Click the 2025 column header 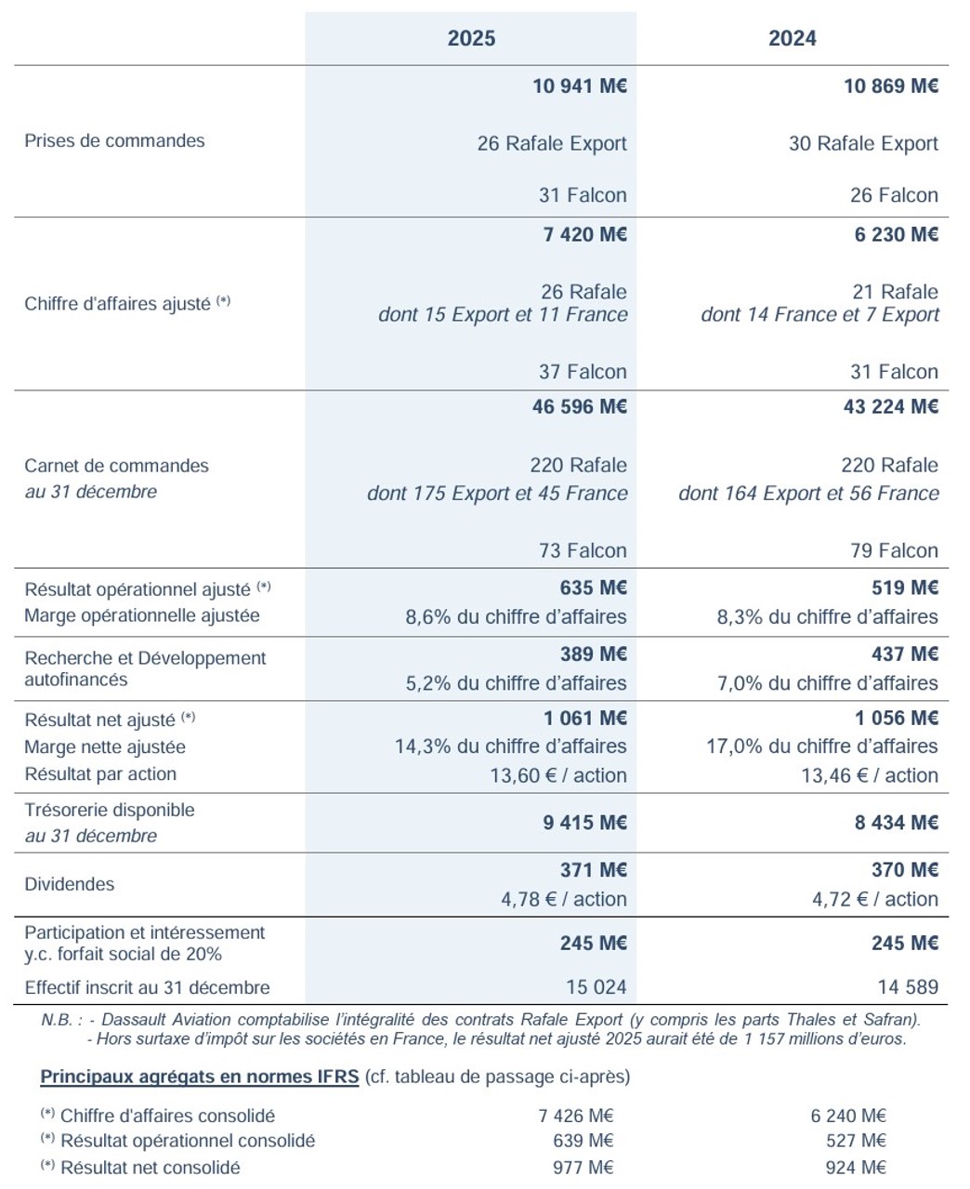coord(471,38)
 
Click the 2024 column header coord(792,38)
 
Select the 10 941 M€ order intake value coord(579,86)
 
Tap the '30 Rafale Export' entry coord(863,144)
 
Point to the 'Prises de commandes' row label coord(114,141)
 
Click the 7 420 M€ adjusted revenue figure coord(584,234)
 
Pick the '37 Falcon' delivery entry coord(583,372)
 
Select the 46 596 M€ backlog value coord(579,406)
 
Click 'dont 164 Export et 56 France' coord(808,493)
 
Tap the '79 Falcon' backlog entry coord(894,550)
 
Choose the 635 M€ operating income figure coord(593,588)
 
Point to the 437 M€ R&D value coord(904,654)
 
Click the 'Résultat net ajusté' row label coord(99,720)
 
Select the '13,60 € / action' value coord(557,775)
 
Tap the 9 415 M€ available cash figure coord(584,823)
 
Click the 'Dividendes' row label coord(70,884)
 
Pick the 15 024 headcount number coord(596,987)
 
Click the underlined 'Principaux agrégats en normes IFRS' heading coord(199,1077)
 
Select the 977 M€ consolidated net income coord(583,1168)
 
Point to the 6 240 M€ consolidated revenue coord(847,1116)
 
